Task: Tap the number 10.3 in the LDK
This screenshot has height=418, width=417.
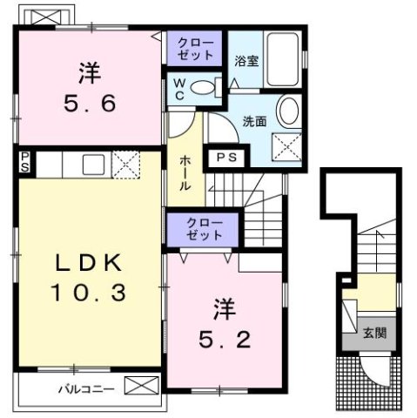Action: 87,293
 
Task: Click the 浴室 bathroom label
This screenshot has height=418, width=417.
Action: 245,61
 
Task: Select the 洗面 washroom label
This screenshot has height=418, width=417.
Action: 253,120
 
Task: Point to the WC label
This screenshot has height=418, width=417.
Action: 177,89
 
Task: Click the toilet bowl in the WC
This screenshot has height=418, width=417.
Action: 205,87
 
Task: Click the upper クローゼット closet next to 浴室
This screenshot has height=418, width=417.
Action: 195,48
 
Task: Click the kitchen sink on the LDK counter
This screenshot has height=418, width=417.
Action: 91,163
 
